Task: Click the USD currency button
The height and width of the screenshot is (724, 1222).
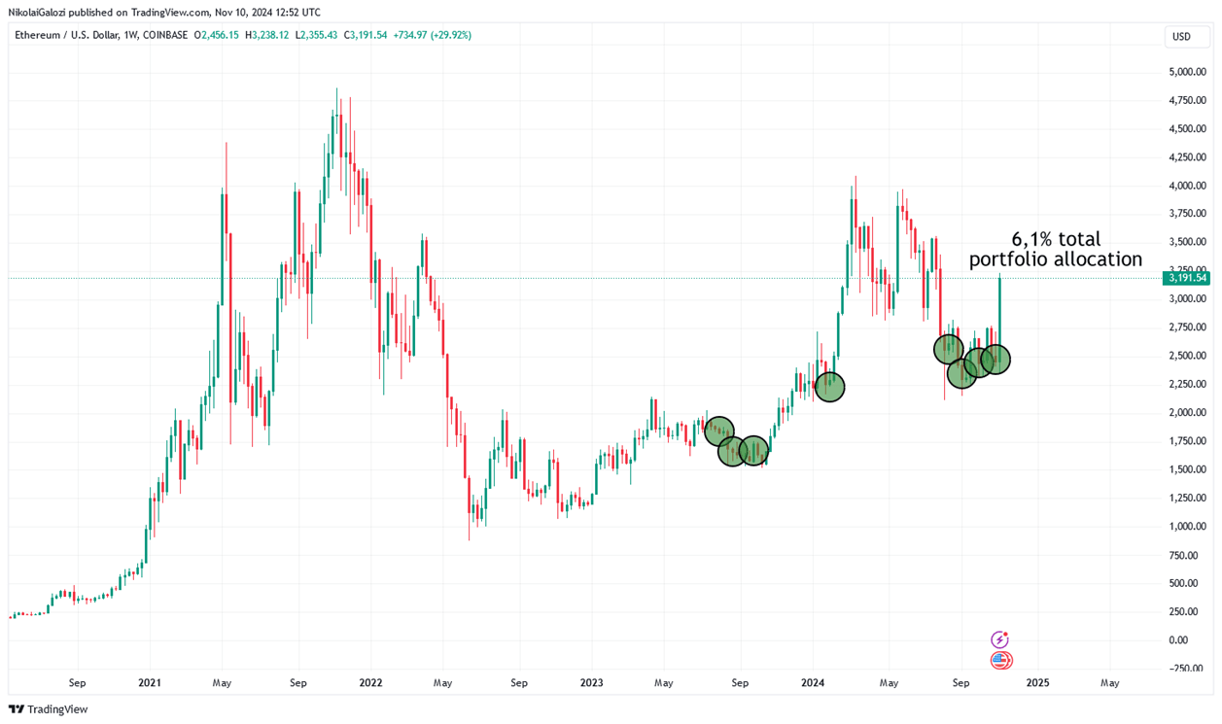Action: (1181, 37)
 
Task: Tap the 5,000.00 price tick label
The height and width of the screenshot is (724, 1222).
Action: (1187, 72)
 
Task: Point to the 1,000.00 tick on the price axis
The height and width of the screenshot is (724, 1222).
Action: (1187, 527)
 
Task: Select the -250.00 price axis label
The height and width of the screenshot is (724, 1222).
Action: (1187, 669)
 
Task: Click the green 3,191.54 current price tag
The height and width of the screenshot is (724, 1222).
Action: (1187, 279)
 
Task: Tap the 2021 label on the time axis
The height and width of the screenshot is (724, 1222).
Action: (150, 683)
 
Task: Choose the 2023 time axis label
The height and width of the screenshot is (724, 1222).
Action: (592, 683)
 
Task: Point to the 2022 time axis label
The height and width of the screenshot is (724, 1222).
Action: (370, 683)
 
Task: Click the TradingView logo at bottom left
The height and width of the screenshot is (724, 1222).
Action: (49, 709)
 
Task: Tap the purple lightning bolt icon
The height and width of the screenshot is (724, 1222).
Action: (999, 639)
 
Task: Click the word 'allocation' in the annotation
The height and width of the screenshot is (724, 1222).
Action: (1098, 259)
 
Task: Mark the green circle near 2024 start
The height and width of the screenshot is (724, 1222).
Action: (829, 387)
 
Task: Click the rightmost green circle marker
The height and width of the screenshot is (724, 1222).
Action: (995, 360)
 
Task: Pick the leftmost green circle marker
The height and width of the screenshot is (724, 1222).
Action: (719, 431)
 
